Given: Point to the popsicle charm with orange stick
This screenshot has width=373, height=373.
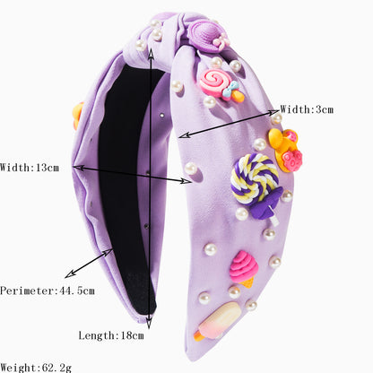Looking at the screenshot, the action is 218,321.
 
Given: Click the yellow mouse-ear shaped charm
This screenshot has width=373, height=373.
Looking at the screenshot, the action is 285,150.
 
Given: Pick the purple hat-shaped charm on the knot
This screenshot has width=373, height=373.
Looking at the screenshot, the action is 206,33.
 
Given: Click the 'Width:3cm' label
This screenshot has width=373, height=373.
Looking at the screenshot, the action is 307,109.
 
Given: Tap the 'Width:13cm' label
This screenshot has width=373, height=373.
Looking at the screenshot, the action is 30,168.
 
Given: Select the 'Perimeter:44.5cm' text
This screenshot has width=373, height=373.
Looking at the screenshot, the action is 48,291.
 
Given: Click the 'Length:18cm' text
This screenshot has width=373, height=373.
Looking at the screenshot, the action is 111,335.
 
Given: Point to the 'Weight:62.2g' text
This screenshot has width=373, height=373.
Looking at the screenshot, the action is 36,368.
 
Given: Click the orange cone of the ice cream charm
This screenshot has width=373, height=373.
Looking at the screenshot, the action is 247,282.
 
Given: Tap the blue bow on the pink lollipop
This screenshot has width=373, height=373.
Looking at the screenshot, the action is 230,89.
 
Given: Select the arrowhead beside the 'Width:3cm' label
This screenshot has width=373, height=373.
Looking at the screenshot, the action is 275,112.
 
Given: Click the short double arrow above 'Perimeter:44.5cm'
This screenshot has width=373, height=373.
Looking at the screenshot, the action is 89,264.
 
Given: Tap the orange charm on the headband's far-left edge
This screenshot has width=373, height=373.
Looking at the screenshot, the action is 78,116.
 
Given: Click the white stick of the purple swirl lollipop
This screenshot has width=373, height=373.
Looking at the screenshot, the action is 273,220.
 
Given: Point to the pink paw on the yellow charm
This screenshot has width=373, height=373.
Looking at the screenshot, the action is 293,160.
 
